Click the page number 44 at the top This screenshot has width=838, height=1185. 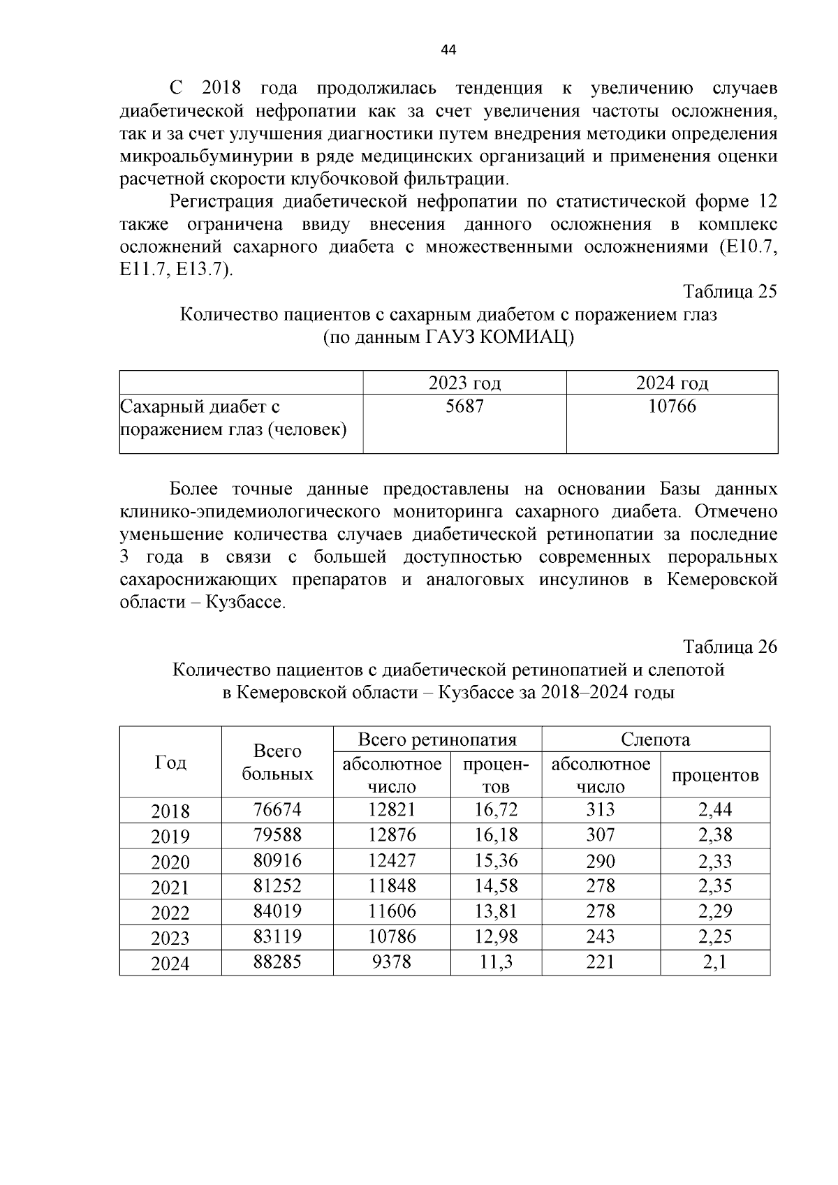pyautogui.click(x=449, y=50)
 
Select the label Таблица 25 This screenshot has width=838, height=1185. pyautogui.click(x=730, y=292)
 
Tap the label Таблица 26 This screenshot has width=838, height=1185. pyautogui.click(x=730, y=647)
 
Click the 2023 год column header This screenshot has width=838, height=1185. pyautogui.click(x=464, y=383)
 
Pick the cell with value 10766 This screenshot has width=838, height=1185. pyautogui.click(x=672, y=406)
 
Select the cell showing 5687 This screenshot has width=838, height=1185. pyautogui.click(x=464, y=406)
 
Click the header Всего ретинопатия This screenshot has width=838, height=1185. pyautogui.click(x=437, y=739)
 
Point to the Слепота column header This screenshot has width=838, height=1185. pyautogui.click(x=655, y=739)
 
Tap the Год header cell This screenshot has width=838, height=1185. pyautogui.click(x=170, y=763)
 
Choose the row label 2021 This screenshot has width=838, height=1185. pyautogui.click(x=170, y=888)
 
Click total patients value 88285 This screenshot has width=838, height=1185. pyautogui.click(x=277, y=962)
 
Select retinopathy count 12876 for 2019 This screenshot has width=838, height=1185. pyautogui.click(x=392, y=835)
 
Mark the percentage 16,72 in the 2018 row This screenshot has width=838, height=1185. pyautogui.click(x=496, y=810)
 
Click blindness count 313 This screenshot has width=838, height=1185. pyautogui.click(x=601, y=810)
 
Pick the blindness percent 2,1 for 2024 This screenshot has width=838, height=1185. pyautogui.click(x=715, y=962)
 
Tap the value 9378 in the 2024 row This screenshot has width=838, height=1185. pyautogui.click(x=392, y=962)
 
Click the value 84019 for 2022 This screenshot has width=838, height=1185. pyautogui.click(x=277, y=911)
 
